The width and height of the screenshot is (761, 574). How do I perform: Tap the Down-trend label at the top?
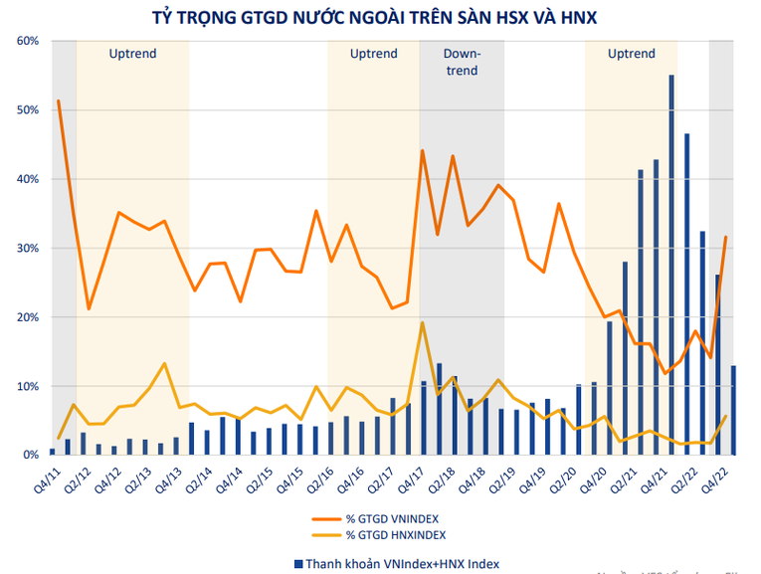click(x=461, y=62)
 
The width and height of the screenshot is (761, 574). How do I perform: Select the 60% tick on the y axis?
click(x=27, y=41)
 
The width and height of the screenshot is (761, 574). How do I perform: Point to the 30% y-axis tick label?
click(x=27, y=248)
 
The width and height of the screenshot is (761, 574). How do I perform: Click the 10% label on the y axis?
click(x=27, y=386)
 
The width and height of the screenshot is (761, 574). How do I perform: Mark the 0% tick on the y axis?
click(x=30, y=455)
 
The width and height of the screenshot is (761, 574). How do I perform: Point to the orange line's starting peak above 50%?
click(x=59, y=100)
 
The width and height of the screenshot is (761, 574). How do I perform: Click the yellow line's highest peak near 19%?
click(x=423, y=322)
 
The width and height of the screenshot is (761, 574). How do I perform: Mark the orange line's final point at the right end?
click(x=726, y=237)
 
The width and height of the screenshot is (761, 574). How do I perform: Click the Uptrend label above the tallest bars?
click(x=632, y=54)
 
